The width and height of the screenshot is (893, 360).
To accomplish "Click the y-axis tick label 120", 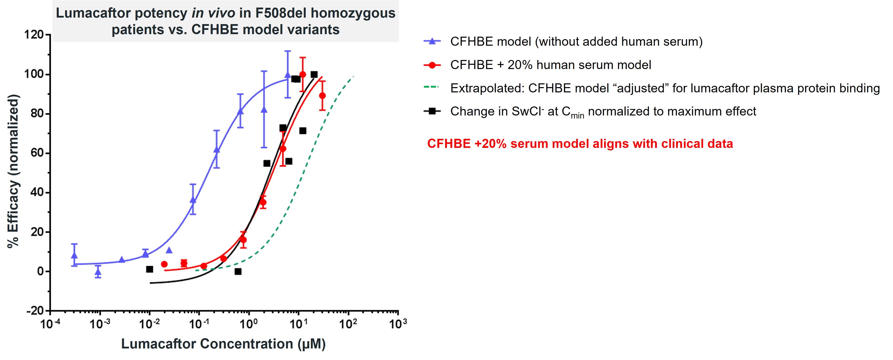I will point(34,35).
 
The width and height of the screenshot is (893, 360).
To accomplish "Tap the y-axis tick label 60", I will point(37,153).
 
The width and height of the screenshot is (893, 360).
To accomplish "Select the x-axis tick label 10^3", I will point(398,324).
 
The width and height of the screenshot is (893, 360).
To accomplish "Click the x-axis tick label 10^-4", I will point(50,324).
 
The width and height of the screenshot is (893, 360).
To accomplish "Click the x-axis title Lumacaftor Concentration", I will point(223,344).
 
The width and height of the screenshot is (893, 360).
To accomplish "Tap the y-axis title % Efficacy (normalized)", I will point(13,171).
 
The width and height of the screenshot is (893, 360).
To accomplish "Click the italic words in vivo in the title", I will point(213,13).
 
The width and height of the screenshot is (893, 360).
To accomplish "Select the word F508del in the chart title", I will point(281,13).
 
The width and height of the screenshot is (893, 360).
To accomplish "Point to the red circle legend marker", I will point(432,65).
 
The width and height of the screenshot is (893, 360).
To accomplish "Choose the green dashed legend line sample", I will point(431,87).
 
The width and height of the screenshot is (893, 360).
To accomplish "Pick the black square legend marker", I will point(432,111).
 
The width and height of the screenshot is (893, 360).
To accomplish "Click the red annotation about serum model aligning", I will point(580,144).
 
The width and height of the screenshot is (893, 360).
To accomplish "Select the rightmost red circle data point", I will point(322,96).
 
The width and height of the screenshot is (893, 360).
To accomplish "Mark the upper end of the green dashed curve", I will point(353,76).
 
